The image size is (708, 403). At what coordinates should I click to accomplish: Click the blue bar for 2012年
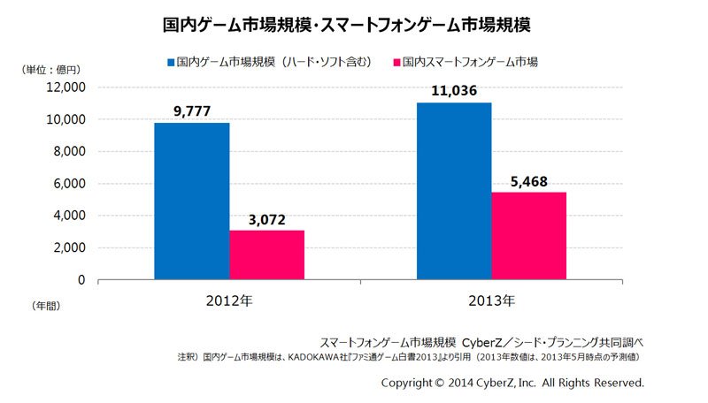click(191, 201)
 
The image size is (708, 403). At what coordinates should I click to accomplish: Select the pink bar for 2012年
click(266, 255)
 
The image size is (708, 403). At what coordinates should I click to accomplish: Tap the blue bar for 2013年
click(453, 192)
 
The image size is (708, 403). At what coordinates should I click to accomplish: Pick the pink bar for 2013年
click(528, 236)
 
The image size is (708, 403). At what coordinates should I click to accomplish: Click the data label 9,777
click(191, 111)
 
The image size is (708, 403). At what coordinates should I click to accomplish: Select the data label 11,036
click(453, 91)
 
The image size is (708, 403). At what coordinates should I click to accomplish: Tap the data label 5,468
click(528, 181)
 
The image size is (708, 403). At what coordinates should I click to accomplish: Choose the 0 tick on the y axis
click(81, 280)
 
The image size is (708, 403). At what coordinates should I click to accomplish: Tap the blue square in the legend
click(170, 63)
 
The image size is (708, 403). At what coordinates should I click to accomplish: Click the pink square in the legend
click(396, 63)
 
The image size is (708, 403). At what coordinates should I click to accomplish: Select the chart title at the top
click(354, 24)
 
